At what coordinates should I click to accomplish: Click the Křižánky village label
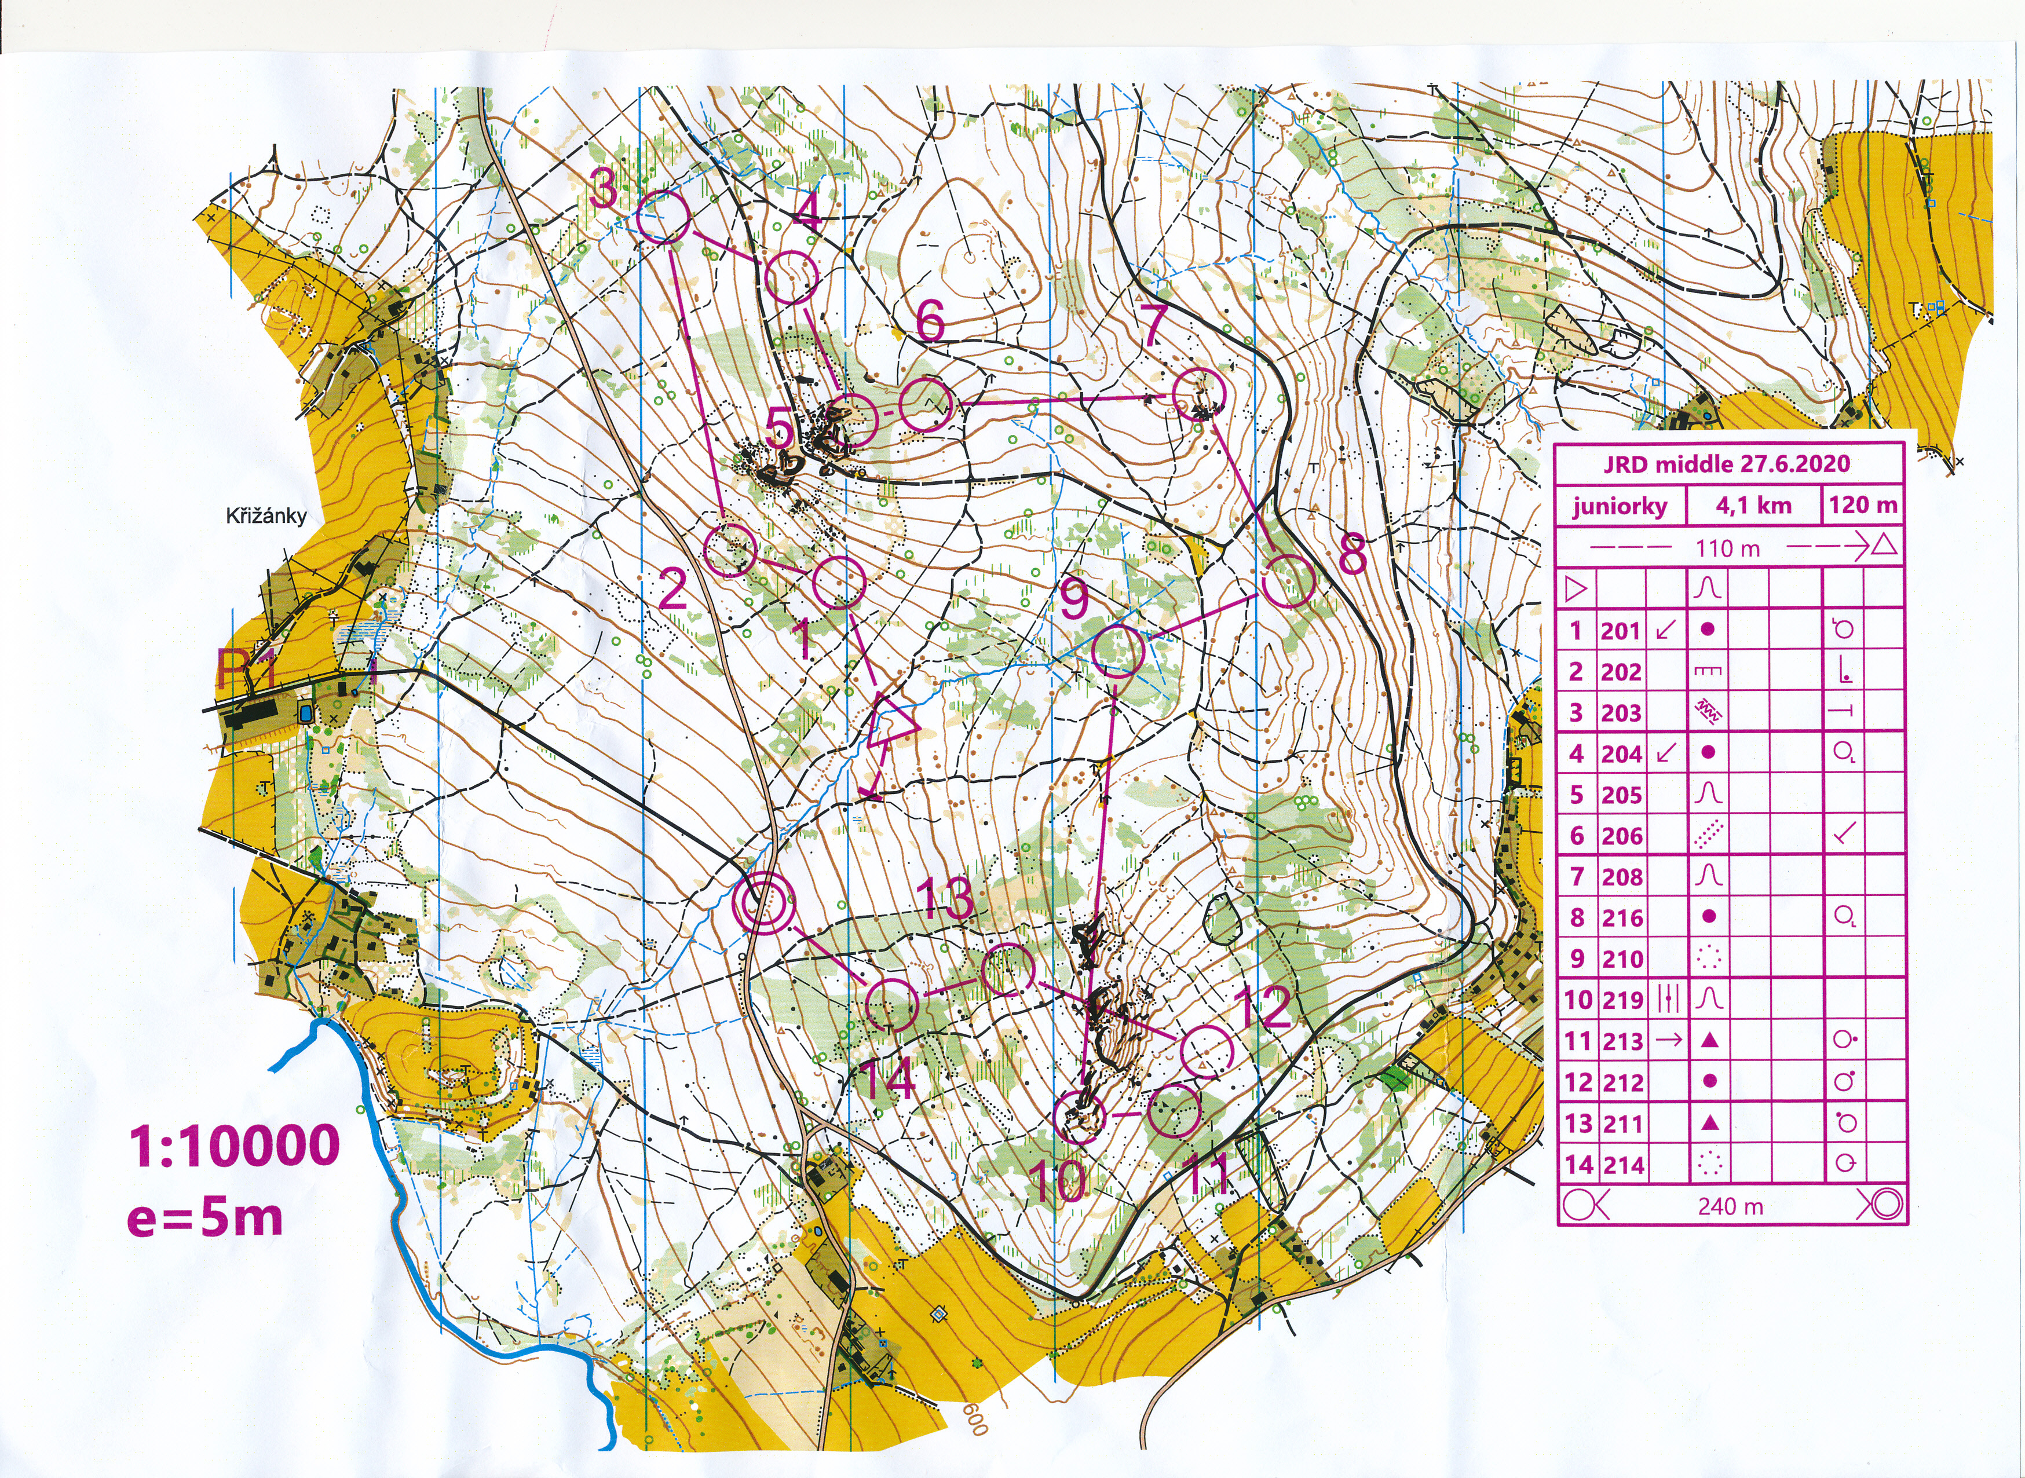(266, 516)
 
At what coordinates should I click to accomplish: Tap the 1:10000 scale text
(235, 1145)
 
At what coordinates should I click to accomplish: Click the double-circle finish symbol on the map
(762, 903)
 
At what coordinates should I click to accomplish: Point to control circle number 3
(663, 217)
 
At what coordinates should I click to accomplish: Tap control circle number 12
(1206, 1051)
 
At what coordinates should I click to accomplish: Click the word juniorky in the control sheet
(1620, 507)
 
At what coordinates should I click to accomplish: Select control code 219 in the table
(1621, 1000)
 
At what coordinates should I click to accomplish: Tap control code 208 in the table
(1621, 877)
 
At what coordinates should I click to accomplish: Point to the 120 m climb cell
(1862, 506)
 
